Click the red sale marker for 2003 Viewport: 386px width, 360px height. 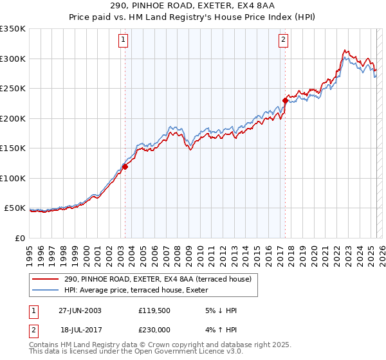(x=125, y=166)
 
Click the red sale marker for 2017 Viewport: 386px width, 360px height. (x=284, y=100)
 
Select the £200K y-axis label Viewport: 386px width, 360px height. (x=13, y=118)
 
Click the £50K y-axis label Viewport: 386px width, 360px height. (x=15, y=208)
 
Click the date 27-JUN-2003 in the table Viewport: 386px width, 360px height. (x=80, y=310)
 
